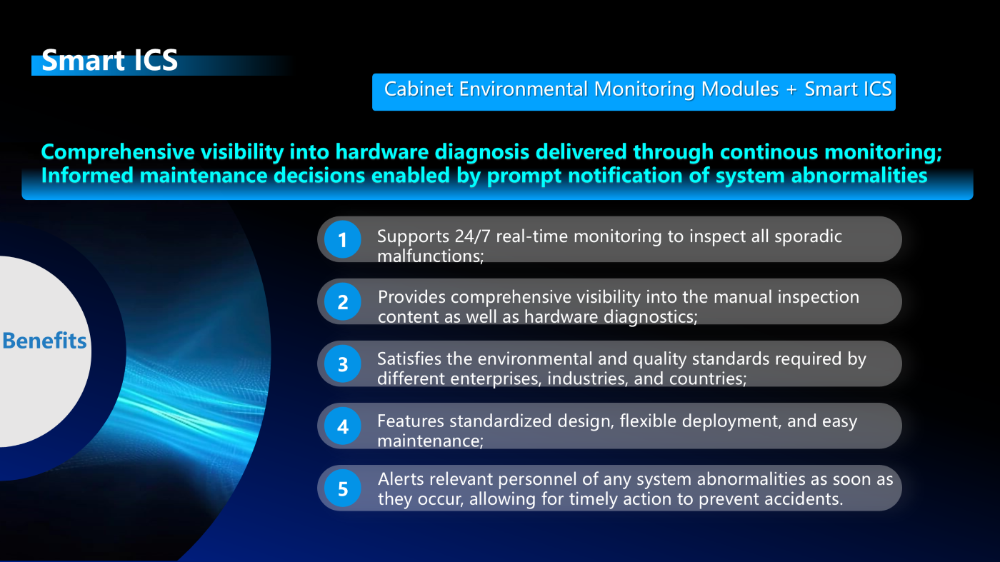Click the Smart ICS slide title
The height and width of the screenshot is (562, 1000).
[x=109, y=60]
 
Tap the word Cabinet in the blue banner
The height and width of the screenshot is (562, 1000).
[x=419, y=89]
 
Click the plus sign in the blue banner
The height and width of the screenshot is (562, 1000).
[x=791, y=90]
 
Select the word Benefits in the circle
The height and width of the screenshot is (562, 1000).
[x=44, y=340]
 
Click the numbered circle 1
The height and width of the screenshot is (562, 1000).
[x=342, y=240]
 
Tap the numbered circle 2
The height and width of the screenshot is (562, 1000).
[x=342, y=302]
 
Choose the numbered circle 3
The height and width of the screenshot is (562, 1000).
[x=342, y=363]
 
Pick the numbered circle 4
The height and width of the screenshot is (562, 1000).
[x=342, y=426]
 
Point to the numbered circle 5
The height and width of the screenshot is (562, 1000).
[x=342, y=488]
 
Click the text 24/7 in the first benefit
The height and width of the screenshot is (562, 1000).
[x=473, y=236]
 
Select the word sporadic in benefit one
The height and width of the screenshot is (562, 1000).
[x=808, y=237]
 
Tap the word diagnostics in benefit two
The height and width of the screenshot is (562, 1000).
[x=651, y=317]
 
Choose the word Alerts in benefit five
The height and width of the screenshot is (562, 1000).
[x=401, y=479]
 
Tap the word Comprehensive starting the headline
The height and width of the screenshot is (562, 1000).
[x=118, y=153]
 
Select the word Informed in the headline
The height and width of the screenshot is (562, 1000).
[x=87, y=176]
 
